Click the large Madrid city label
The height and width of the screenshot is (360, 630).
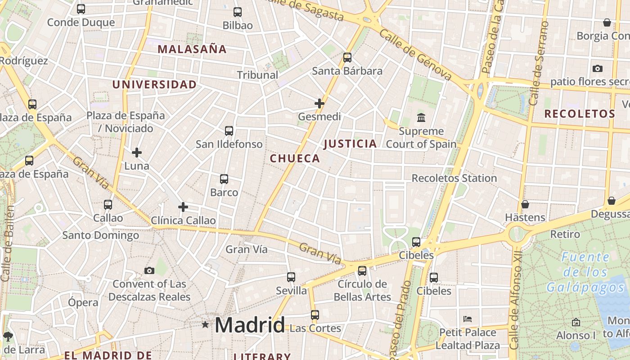pos(250,325)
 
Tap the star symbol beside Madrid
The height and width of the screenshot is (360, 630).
pos(205,324)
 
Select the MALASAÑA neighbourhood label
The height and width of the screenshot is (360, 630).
pos(192,49)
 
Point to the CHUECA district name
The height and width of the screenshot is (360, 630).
pos(295,158)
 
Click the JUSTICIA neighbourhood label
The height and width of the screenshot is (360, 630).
pos(350,144)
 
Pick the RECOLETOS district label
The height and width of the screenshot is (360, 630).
pos(580,114)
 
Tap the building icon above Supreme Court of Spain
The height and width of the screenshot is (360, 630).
pos(421,117)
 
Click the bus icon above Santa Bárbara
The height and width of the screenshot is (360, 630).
pos(347,58)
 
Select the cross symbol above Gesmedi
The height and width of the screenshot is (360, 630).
pos(319,103)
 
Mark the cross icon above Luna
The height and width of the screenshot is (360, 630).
pos(137,153)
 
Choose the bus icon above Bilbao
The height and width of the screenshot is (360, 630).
pos(238,12)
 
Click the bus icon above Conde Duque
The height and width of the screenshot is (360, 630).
pos(81,9)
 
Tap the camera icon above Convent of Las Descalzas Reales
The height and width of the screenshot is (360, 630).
pos(149,270)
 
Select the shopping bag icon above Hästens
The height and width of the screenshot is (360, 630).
pos(525,204)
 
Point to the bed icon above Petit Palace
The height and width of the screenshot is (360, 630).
pos(468,319)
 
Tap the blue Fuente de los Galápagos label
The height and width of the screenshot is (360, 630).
pos(585,272)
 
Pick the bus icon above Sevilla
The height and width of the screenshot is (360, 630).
pos(291,277)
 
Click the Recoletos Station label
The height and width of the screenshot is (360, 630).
pos(454,178)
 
